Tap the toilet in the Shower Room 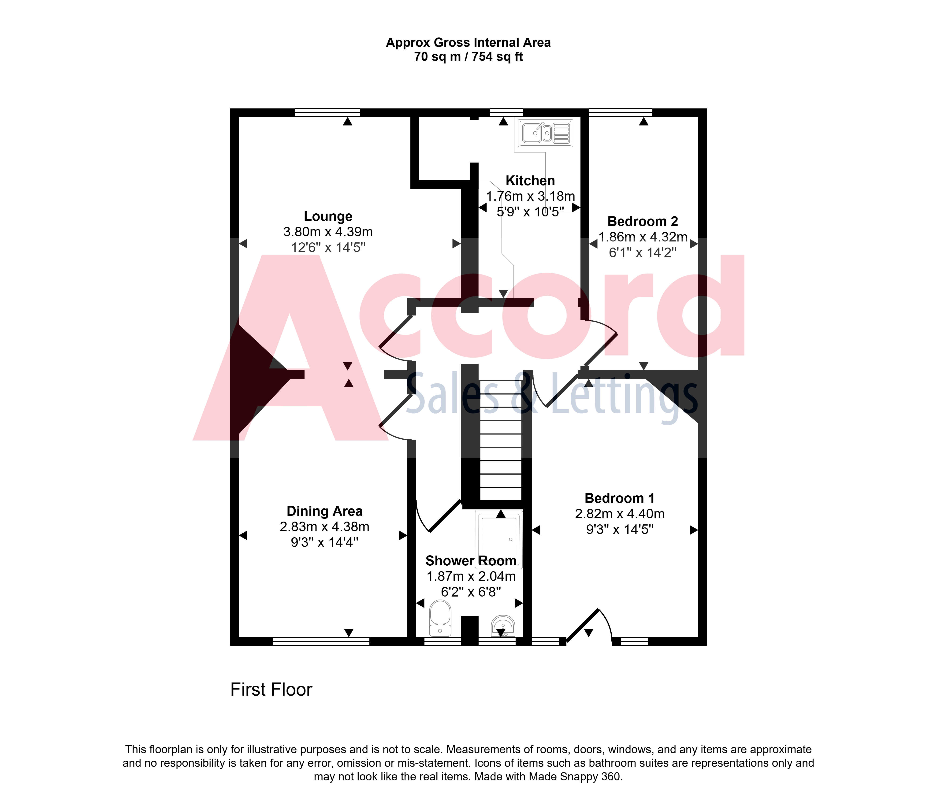440,618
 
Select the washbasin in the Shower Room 503,626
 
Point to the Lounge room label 328,216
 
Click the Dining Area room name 325,511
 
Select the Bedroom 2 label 643,222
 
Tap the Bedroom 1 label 620,498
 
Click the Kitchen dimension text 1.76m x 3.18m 530,196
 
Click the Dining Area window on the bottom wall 321,641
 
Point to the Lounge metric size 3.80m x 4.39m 328,232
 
